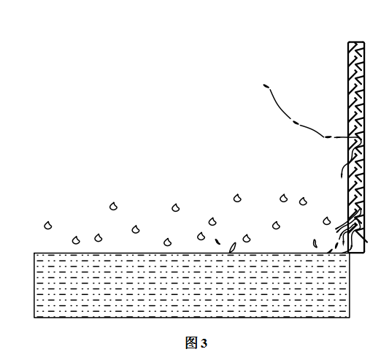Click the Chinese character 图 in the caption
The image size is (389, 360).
point(191,343)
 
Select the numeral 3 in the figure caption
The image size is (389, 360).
point(204,344)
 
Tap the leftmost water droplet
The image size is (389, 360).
point(48,226)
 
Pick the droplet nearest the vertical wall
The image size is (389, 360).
point(327,221)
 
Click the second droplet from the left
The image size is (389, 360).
point(76,240)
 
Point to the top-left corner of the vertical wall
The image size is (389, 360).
point(348,42)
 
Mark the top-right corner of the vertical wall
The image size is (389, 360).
point(364,42)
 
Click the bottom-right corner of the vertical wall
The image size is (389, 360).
point(364,253)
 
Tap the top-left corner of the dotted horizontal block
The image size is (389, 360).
point(34,253)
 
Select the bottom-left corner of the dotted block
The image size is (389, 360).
point(34,318)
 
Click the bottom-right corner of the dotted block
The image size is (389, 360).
point(350,318)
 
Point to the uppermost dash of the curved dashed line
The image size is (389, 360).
point(266,86)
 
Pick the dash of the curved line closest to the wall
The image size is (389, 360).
point(328,137)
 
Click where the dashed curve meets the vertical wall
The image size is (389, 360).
point(348,137)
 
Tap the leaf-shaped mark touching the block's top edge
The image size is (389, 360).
point(233,248)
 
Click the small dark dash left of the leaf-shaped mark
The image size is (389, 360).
point(217,241)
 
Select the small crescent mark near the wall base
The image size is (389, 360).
point(315,243)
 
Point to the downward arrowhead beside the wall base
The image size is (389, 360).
point(344,242)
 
